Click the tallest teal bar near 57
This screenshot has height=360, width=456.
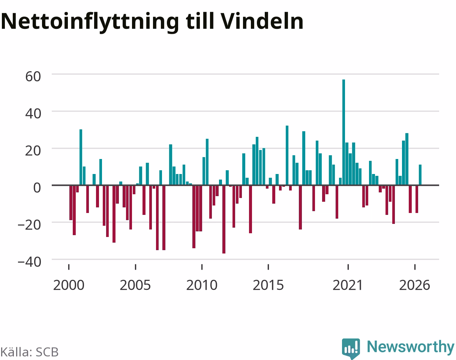(x=343, y=132)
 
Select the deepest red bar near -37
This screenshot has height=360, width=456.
(x=224, y=219)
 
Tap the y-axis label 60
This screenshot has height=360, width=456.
(x=33, y=76)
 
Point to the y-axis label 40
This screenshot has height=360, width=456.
(x=33, y=114)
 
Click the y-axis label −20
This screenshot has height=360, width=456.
(x=29, y=225)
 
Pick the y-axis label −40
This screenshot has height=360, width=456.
(x=29, y=262)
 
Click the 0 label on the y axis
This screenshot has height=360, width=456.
(x=37, y=188)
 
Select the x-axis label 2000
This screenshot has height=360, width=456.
(x=69, y=285)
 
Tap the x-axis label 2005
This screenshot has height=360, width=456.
(x=135, y=285)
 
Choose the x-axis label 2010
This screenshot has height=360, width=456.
(x=202, y=285)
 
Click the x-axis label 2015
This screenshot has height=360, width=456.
(x=268, y=285)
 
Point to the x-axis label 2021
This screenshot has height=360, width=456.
(x=348, y=285)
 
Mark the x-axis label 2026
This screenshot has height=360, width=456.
(x=415, y=285)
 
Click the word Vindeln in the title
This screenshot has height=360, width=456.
(x=262, y=21)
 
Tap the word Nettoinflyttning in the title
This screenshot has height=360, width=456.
(x=90, y=22)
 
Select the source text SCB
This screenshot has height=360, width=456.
(x=47, y=352)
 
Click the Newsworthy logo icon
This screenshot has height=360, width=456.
(x=351, y=348)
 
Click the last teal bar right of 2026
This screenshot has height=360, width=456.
(x=420, y=175)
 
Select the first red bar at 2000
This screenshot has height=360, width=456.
(x=71, y=203)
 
